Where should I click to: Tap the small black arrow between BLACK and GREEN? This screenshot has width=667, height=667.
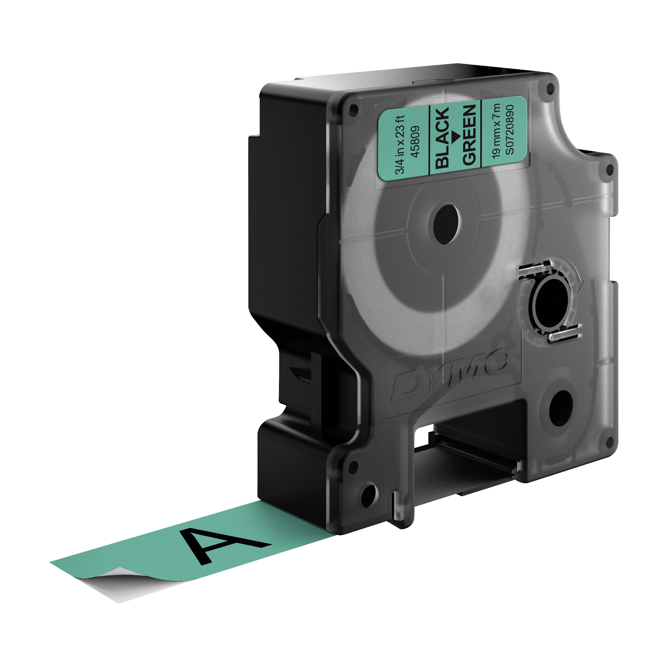coord(456,136)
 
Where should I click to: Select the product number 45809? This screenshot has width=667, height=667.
coord(415,141)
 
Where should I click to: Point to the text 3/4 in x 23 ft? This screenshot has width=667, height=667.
coord(400,145)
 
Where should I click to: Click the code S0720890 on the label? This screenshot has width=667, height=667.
coord(509,129)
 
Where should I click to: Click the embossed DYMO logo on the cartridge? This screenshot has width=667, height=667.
coord(450,374)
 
